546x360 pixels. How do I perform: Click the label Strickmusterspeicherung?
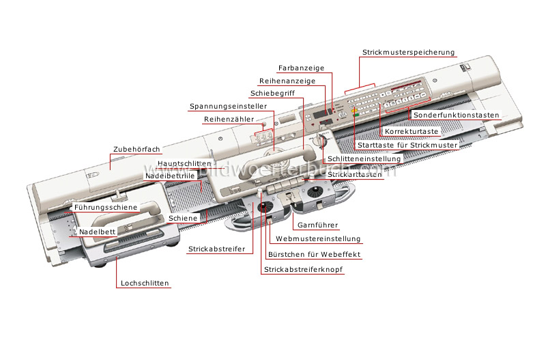click(x=408, y=53)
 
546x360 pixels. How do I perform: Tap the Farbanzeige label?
click(x=301, y=68)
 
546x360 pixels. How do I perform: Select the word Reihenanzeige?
click(x=287, y=81)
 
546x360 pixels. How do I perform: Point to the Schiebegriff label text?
click(x=272, y=93)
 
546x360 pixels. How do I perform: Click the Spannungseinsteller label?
click(x=228, y=106)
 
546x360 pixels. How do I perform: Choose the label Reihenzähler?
click(x=229, y=119)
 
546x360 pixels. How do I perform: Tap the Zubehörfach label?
click(x=136, y=149)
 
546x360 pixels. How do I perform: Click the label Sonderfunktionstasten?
click(x=456, y=115)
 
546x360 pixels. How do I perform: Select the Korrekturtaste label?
click(x=412, y=131)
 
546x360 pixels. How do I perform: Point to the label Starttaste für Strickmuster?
click(x=407, y=145)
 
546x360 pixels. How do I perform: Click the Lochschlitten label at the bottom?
click(x=145, y=283)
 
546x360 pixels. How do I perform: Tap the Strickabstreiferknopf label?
click(x=303, y=269)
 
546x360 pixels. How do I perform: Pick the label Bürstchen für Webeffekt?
click(x=314, y=254)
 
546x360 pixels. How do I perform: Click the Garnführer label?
click(x=317, y=225)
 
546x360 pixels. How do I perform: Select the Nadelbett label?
click(x=97, y=232)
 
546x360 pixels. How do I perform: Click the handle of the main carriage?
click(x=275, y=161)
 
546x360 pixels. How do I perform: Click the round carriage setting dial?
click(x=319, y=141)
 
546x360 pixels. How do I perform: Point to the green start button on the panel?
click(x=356, y=113)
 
